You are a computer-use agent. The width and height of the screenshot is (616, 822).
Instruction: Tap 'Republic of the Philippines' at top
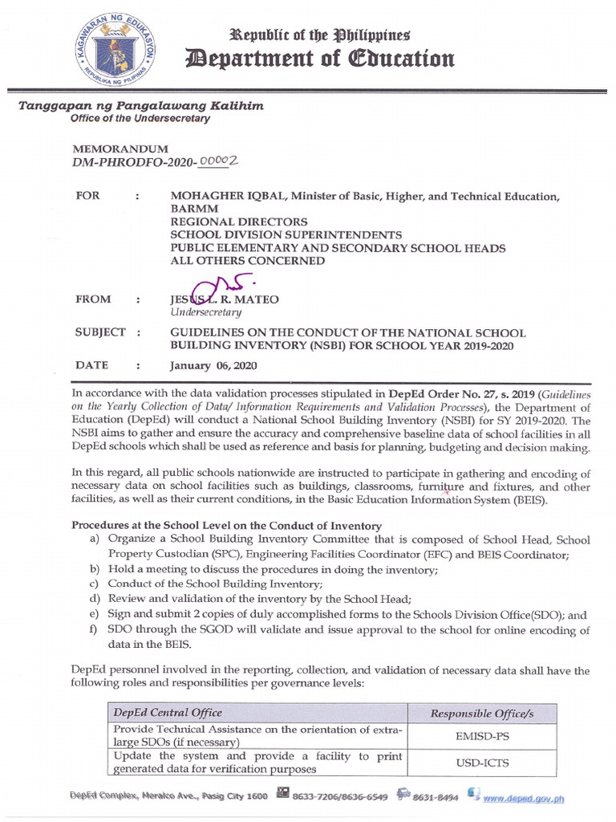click(x=320, y=35)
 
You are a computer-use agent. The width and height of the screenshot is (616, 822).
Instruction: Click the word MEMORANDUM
click(x=120, y=149)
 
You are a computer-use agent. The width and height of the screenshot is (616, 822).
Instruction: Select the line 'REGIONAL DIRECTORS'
click(x=238, y=222)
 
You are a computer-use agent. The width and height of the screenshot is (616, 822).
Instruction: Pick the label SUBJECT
click(x=99, y=332)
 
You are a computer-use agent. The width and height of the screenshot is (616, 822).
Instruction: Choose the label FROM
click(x=93, y=299)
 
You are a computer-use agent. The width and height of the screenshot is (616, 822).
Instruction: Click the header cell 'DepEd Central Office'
click(x=168, y=713)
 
